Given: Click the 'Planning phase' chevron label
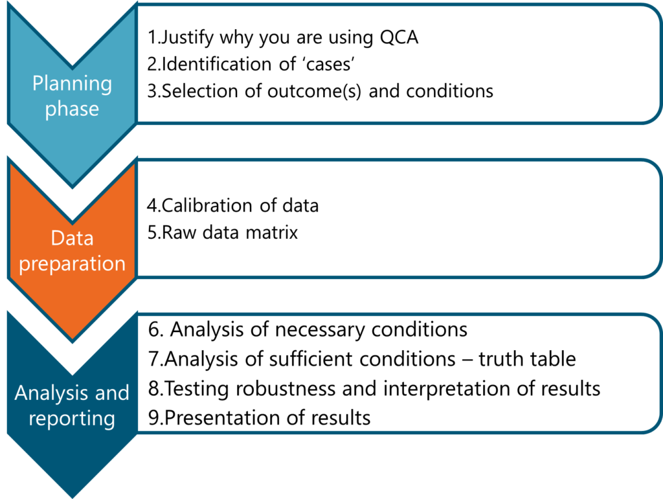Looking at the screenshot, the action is [x=73, y=96].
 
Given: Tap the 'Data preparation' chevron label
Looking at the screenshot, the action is [x=73, y=251].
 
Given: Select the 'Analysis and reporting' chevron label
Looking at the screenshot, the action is [x=72, y=406].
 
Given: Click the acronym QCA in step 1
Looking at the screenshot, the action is [x=399, y=38].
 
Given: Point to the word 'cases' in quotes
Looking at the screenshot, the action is [x=329, y=64].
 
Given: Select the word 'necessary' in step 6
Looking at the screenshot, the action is [x=320, y=329].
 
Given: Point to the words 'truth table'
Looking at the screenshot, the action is [x=527, y=359].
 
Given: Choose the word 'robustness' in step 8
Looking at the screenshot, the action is [x=286, y=389].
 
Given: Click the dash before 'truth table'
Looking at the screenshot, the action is [x=467, y=360].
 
